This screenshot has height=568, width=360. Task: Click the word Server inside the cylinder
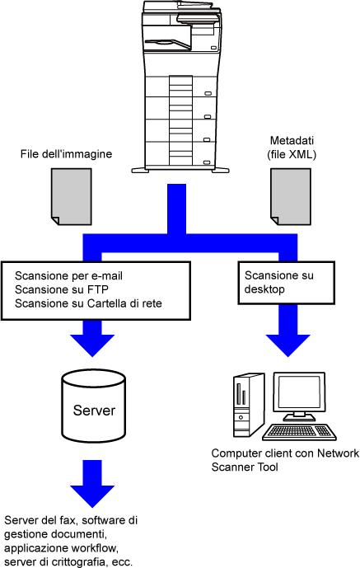pos(94,410)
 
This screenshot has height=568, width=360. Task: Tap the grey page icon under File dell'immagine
pos(72,197)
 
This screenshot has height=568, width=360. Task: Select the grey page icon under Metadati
pos(291,197)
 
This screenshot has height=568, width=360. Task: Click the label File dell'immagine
pos(66,154)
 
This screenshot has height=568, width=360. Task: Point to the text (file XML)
pos(292,155)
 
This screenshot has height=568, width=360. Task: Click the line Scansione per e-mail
pos(68,275)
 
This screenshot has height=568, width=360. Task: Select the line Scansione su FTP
pos(62,289)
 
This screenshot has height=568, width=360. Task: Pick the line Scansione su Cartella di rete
pos(88,303)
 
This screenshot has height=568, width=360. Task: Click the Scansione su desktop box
pos(286,283)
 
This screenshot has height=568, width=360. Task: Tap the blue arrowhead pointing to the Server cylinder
pos(92,345)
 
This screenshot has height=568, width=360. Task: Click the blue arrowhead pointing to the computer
pos(288,345)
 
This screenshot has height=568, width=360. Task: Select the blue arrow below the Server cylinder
pos(92,484)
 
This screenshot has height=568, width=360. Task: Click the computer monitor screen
pos(299,393)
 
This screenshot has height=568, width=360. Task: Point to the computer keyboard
pos(299,432)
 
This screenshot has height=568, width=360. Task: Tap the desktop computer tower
pos(247,405)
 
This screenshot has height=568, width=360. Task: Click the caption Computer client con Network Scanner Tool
pos(285,460)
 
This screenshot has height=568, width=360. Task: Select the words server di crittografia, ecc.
pos(68,562)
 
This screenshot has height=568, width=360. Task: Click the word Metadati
pos(292,140)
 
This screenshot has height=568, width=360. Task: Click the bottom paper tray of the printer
pos(181,155)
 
